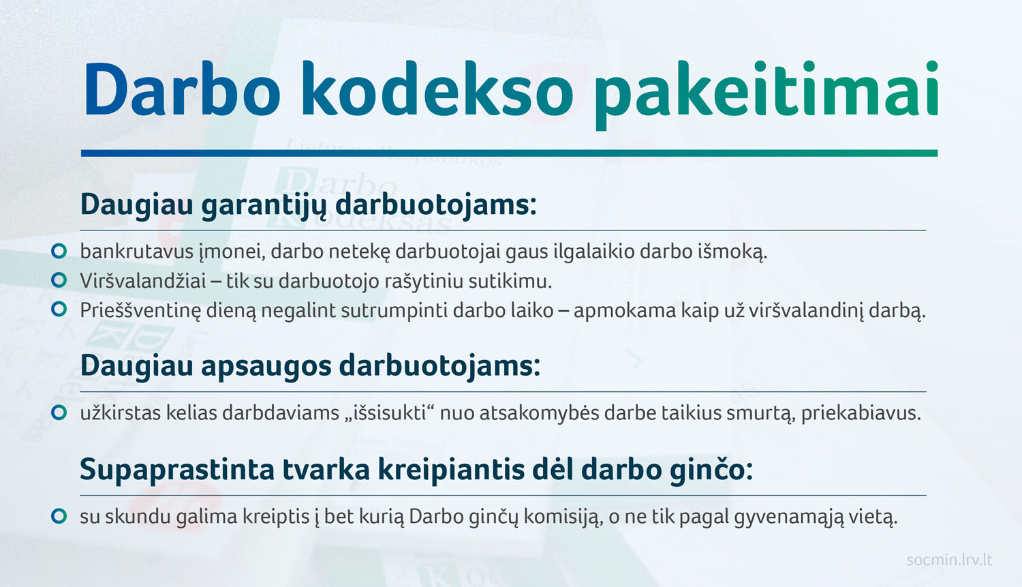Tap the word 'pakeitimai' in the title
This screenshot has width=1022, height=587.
click(x=766, y=95)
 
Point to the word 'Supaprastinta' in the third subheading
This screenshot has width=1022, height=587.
click(x=177, y=470)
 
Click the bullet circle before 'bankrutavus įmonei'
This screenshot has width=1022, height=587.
click(x=59, y=251)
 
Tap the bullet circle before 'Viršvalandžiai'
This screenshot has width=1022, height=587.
click(x=59, y=280)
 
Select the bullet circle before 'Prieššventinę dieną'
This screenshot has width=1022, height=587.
click(x=59, y=310)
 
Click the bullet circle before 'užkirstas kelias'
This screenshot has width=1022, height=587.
click(x=59, y=412)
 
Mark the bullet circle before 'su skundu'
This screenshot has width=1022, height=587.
click(x=59, y=516)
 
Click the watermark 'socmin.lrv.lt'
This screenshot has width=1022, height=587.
click(x=950, y=560)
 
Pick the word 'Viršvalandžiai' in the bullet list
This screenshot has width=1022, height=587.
click(x=143, y=281)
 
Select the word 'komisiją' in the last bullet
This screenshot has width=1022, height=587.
click(x=563, y=517)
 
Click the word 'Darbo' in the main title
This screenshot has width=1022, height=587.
click(x=182, y=89)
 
